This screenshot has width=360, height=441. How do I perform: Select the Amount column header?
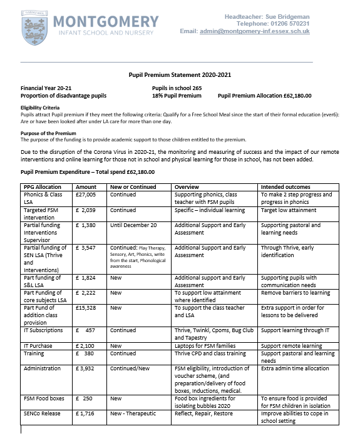(x=86, y=186)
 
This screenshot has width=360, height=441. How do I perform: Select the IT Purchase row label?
(x=39, y=345)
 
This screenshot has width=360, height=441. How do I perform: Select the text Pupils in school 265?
(x=177, y=88)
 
